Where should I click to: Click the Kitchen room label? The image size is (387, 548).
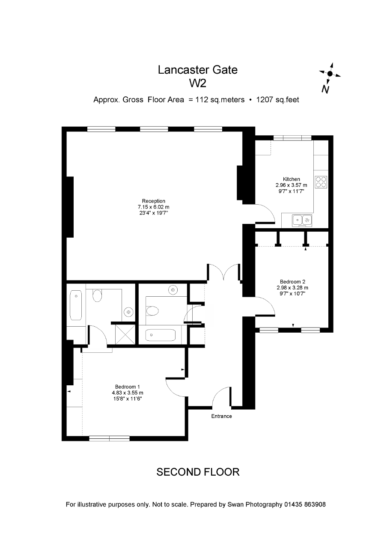(291, 179)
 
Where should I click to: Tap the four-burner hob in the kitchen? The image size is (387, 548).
(321, 182)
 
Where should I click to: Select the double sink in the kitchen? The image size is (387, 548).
(302, 220)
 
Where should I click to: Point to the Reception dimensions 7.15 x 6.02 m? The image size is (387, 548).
(153, 207)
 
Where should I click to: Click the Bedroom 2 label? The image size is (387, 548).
(292, 282)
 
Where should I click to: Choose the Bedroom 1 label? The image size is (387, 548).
(127, 387)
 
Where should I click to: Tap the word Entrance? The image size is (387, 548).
(221, 416)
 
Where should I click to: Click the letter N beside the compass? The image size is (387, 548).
(325, 89)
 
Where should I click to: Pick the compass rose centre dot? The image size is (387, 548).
(330, 73)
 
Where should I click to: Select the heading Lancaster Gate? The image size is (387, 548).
(198, 70)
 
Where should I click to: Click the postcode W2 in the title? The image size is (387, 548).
(198, 83)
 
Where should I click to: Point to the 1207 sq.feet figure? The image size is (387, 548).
(277, 100)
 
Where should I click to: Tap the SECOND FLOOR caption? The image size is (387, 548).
(198, 472)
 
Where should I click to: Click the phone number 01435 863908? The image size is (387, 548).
(305, 511)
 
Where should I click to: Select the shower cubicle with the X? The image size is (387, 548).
(125, 334)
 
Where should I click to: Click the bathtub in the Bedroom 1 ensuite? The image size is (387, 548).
(76, 305)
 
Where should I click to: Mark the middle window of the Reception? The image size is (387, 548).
(154, 129)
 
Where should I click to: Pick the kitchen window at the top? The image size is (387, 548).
(292, 138)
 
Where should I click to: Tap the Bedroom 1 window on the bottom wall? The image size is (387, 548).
(109, 438)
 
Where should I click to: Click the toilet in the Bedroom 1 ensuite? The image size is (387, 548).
(97, 296)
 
